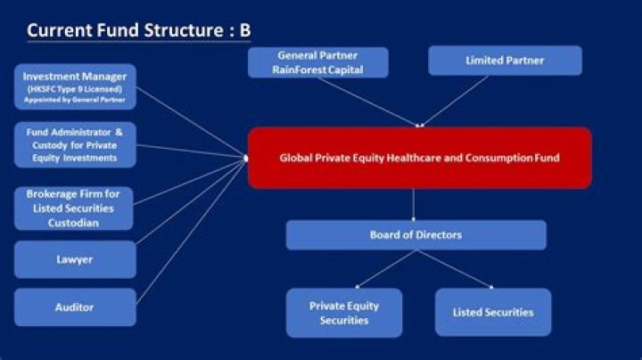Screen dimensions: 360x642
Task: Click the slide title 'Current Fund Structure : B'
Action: point(138,30)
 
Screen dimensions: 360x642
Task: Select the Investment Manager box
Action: point(75,86)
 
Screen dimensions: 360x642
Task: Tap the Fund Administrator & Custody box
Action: point(75,144)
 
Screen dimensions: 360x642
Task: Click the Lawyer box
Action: point(75,259)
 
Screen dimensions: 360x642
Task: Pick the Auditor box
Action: point(75,307)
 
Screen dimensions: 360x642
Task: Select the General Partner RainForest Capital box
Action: point(319,62)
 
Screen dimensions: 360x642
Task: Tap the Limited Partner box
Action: point(505,61)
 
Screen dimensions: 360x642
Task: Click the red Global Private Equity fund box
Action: point(419,158)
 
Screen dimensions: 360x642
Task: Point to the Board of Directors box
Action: point(416,235)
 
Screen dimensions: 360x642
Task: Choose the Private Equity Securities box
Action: point(343,313)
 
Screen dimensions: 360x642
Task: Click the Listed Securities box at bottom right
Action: point(493,312)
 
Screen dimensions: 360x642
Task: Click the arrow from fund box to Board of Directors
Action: point(414,204)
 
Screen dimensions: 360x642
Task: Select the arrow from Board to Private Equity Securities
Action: point(383,268)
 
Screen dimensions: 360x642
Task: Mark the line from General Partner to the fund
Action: point(374,102)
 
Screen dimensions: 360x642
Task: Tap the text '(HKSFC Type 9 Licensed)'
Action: point(75,88)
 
